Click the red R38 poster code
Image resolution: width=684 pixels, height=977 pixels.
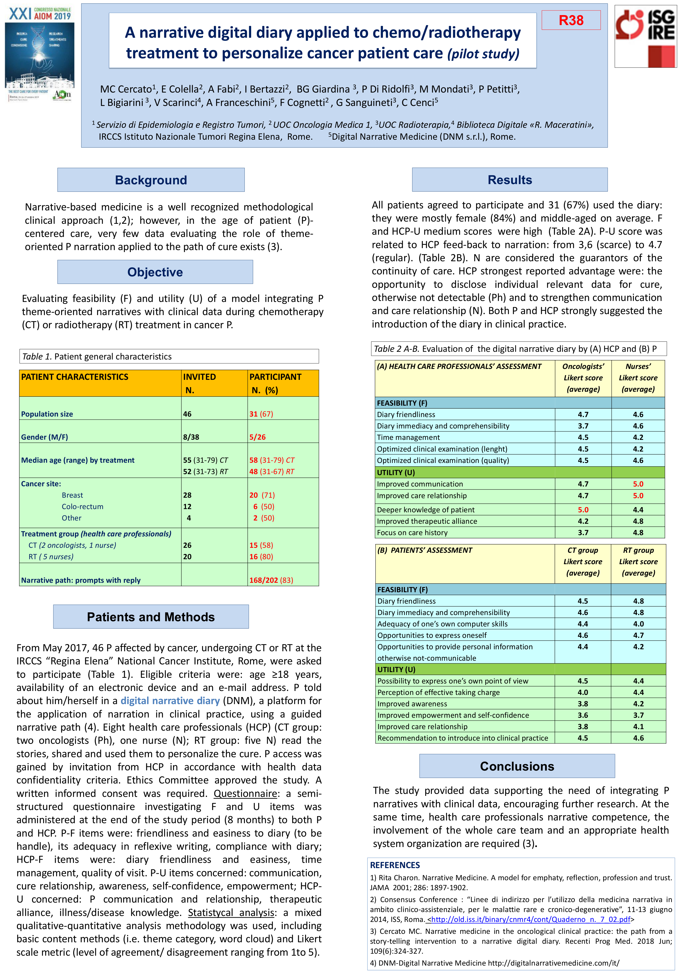click(571, 20)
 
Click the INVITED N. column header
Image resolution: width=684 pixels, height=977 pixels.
click(199, 383)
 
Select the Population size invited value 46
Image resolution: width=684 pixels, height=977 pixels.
click(187, 414)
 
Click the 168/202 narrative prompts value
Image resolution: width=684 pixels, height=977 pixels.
click(264, 580)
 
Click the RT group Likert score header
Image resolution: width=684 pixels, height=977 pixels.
click(638, 561)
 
